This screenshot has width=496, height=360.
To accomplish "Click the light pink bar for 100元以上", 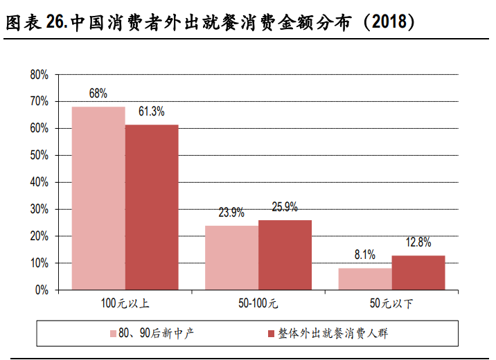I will pos(98,198).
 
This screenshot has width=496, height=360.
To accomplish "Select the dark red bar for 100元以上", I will pos(152,207).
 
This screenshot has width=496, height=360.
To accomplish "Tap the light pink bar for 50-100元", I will pos(231,258).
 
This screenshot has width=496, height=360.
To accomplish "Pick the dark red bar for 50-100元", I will pos(285,255).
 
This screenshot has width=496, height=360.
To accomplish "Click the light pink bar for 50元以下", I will pos(365,279).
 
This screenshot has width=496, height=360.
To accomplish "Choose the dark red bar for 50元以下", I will pos(418,273).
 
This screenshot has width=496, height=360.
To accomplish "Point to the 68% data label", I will pos(98,93).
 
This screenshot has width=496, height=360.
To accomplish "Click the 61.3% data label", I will pos(151,111).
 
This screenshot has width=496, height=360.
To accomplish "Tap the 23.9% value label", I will pos(231,213).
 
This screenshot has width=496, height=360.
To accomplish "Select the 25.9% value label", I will pos(285,206).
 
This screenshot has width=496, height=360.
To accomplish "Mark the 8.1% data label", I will pos(365,255).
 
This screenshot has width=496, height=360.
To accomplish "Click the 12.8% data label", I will pos(418,242).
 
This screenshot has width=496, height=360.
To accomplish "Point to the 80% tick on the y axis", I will pos(39,74).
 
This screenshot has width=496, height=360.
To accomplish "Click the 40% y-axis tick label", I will pos(39,182).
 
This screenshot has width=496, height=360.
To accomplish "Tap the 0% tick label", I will pos(42,290).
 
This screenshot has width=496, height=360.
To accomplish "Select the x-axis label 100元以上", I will pos(125,303).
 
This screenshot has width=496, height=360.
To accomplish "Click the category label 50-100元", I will pos(258,303).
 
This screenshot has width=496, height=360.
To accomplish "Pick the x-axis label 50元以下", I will pos(391,303).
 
